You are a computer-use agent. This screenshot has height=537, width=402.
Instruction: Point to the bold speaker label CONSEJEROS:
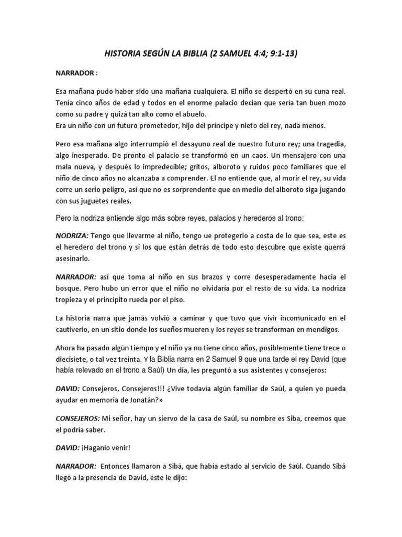click(77, 419)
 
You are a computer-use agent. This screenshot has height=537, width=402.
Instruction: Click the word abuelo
click(194, 114)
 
